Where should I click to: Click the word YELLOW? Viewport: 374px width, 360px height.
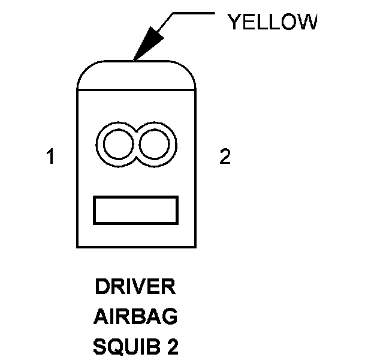272,22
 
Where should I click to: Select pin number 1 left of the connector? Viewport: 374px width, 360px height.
51,157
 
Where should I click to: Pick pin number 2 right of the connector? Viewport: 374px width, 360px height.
224,157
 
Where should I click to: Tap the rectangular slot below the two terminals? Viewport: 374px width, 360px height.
136,211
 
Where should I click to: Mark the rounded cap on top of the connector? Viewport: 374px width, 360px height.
137,75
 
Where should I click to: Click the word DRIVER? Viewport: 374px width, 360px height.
135,287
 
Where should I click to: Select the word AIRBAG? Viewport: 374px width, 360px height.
135,316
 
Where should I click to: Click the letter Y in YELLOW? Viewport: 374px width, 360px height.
234,22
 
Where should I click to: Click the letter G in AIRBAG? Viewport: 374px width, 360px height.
170,316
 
